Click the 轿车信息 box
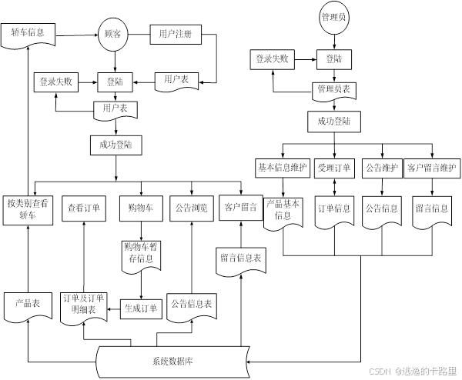28,33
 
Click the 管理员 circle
334,16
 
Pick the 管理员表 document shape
334,89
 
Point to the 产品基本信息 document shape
283,210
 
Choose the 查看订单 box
84,208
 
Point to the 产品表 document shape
28,304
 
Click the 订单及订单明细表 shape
84,305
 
